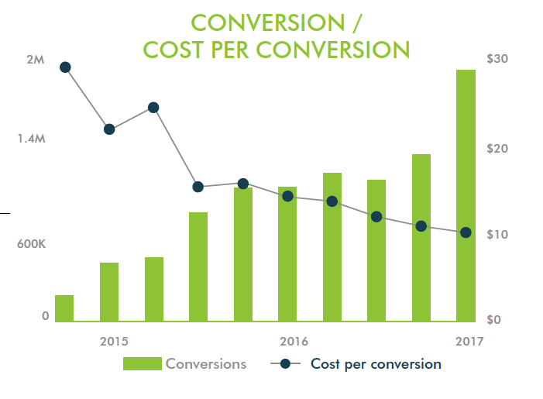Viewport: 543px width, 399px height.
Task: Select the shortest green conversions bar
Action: tap(64, 308)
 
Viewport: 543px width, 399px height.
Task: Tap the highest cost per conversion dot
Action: tap(65, 67)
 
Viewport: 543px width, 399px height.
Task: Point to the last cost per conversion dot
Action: tap(466, 232)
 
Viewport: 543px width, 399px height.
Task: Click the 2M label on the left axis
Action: tap(35, 60)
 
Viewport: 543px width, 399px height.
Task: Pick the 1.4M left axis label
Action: tap(31, 139)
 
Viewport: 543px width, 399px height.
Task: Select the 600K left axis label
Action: tap(32, 244)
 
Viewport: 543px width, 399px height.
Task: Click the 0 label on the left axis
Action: tap(45, 315)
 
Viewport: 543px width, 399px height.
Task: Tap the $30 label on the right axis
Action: tap(497, 59)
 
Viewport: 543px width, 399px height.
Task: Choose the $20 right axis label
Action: tap(497, 148)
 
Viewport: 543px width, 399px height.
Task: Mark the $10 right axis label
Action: tap(497, 234)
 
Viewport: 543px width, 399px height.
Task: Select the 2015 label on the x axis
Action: tap(114, 341)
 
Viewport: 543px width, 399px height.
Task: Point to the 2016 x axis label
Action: tap(294, 341)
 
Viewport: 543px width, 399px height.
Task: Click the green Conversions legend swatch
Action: tap(142, 364)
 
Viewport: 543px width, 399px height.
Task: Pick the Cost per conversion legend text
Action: tap(376, 363)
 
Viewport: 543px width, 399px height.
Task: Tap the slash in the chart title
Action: tap(357, 22)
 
